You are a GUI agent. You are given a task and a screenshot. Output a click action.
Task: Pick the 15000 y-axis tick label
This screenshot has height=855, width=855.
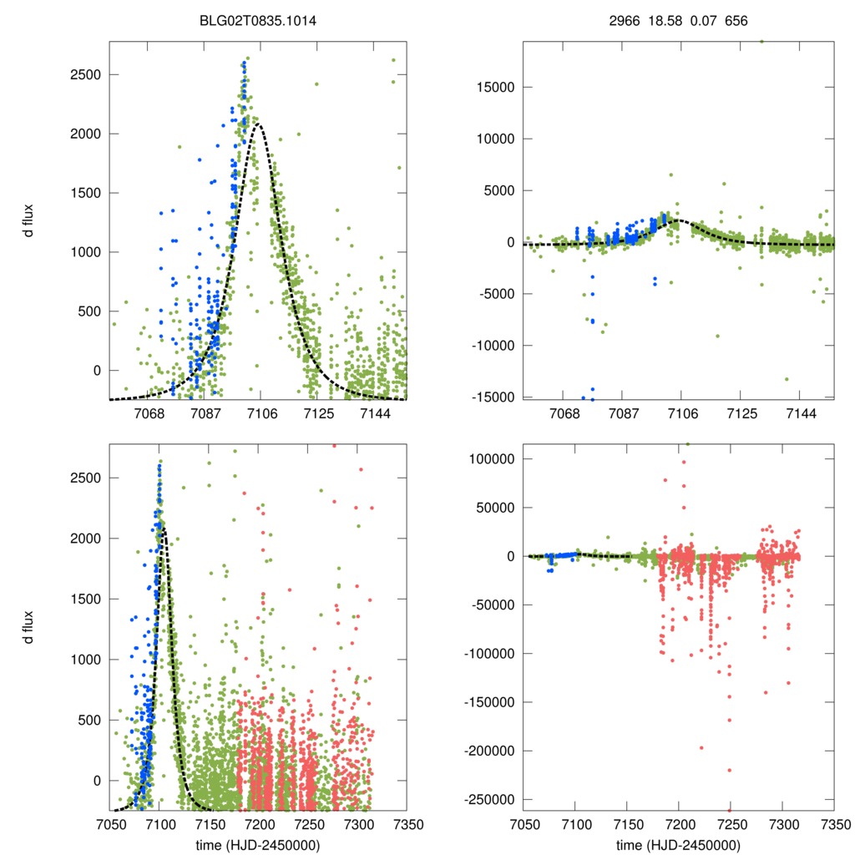tap(492, 87)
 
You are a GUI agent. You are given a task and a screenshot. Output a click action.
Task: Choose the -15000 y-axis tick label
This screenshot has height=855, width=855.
tap(490, 397)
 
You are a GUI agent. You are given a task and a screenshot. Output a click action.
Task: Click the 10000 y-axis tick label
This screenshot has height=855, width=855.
tap(492, 139)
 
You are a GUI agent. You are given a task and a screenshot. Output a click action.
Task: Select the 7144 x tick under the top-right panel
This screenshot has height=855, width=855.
tap(802, 414)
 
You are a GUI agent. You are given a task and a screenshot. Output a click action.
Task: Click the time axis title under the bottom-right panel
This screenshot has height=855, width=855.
tap(678, 844)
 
